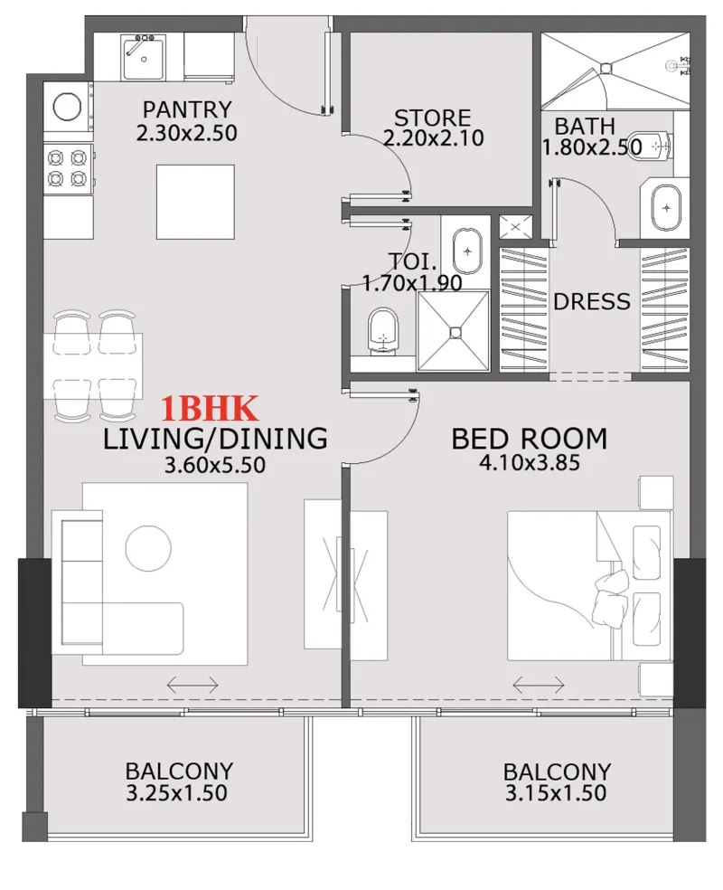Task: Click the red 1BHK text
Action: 211,409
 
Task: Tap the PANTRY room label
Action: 187,109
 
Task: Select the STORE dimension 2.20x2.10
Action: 433,138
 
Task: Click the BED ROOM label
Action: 529,440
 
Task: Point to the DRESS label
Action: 591,301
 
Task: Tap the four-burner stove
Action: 68,167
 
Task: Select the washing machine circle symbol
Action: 68,107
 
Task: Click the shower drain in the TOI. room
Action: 455,332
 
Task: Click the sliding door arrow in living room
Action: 192,686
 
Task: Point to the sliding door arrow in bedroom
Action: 539,686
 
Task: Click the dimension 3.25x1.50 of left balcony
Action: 178,794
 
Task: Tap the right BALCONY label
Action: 557,772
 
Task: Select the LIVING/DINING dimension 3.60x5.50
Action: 214,466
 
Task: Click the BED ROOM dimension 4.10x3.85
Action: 529,463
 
